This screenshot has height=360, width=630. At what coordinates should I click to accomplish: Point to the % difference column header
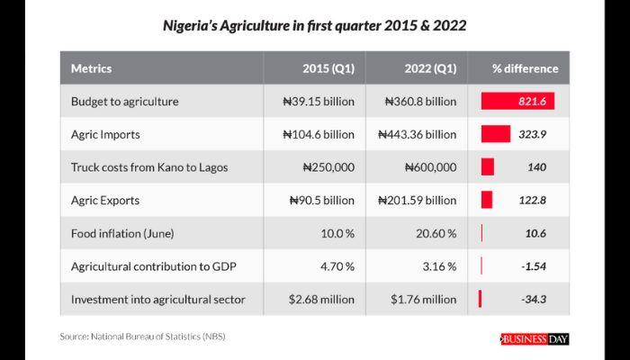[525, 68]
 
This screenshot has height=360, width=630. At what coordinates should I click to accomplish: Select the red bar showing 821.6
[517, 102]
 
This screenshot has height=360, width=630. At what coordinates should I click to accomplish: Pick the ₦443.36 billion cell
[418, 135]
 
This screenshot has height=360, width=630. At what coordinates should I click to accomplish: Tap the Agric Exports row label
[104, 200]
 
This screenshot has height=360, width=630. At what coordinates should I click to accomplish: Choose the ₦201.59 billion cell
[418, 200]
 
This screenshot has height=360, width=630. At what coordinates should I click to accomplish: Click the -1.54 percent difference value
[534, 266]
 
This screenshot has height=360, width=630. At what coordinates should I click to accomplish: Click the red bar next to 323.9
[496, 135]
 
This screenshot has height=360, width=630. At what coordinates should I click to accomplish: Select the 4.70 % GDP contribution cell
[336, 266]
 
